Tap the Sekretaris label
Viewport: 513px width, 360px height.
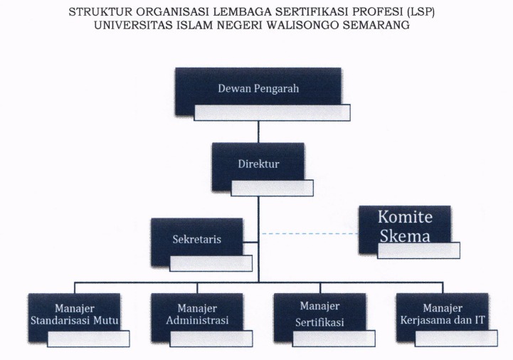(196, 239)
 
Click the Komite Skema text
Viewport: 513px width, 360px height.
(405, 226)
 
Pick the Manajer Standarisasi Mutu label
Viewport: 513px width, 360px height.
(75, 314)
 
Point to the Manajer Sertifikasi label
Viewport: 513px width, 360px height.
(319, 314)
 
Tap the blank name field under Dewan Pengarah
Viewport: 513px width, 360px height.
(273, 112)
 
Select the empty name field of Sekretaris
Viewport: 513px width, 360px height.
(211, 263)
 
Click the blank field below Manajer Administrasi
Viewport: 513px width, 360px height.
(211, 339)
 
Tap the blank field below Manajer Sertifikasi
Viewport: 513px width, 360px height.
(334, 339)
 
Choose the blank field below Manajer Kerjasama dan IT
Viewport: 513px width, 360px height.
(457, 339)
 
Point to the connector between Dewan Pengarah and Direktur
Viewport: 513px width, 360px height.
(258, 131)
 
